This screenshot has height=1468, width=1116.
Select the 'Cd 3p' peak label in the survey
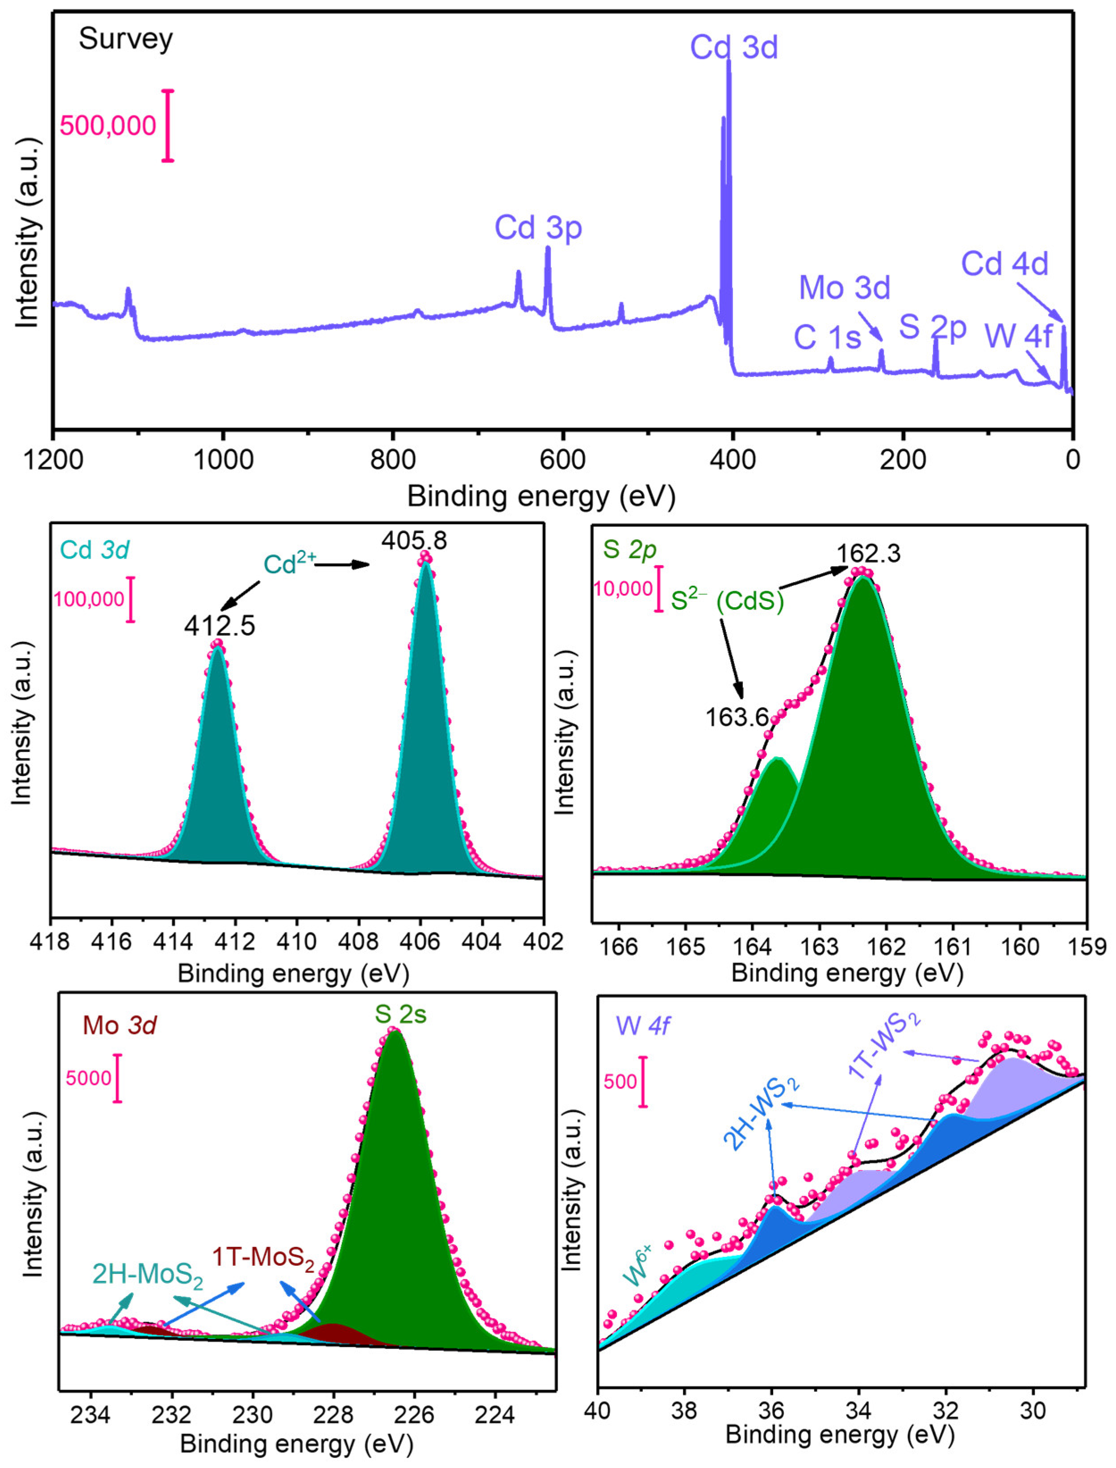(x=538, y=228)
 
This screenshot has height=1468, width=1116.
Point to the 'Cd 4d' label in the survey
(x=1004, y=264)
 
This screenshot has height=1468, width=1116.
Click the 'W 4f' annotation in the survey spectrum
(x=1018, y=336)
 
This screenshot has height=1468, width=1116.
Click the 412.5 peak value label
(x=220, y=626)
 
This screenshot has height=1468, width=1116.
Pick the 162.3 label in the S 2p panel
(x=868, y=553)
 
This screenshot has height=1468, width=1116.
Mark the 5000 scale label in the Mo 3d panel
(x=88, y=1077)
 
